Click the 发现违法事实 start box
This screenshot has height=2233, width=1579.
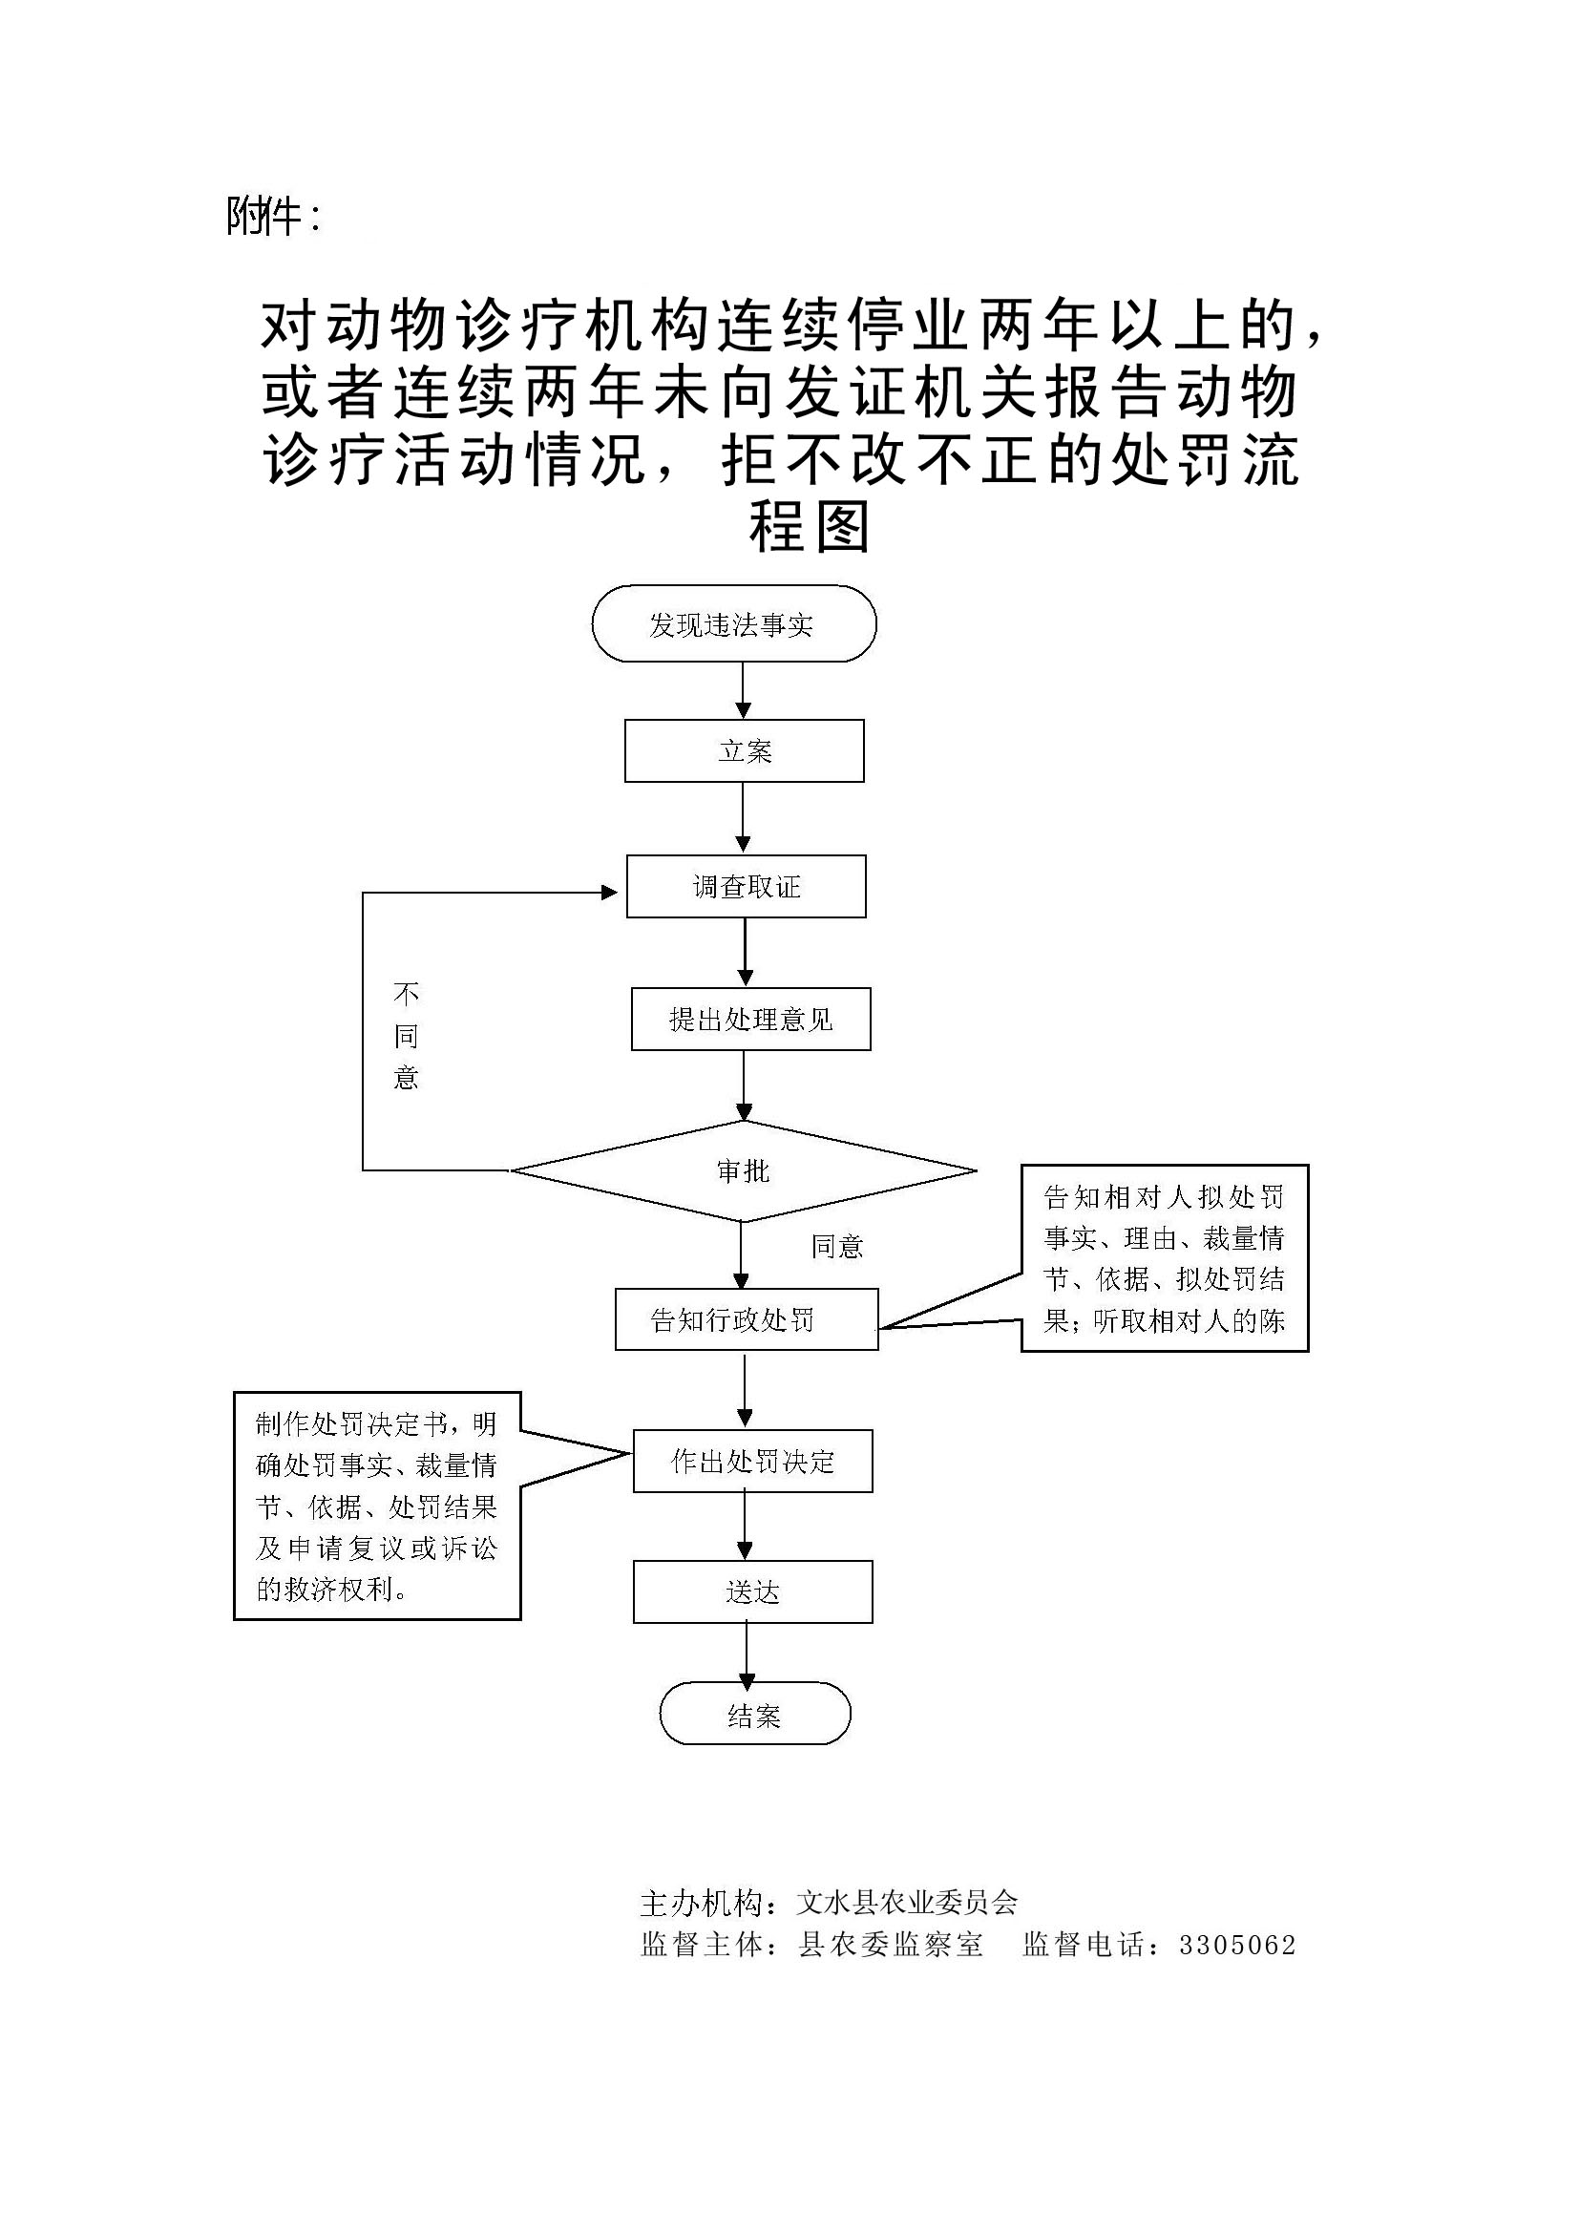point(733,624)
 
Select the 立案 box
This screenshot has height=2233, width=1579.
point(744,750)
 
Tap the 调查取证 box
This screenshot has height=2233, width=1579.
point(746,886)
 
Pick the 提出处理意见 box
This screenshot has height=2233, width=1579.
point(750,1020)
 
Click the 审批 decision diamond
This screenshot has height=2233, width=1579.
point(743,1171)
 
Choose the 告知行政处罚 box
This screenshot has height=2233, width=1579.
point(746,1319)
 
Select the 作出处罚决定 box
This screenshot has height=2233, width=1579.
point(752,1461)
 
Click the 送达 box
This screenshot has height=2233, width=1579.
point(752,1592)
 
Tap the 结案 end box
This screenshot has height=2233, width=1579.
point(754,1714)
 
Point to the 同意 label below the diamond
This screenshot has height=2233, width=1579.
point(837,1246)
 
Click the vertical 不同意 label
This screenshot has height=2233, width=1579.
point(406,1036)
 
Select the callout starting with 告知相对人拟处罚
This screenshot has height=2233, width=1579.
point(1164,1257)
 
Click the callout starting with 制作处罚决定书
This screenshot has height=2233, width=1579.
point(377,1506)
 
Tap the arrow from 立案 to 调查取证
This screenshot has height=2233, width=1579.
point(743,817)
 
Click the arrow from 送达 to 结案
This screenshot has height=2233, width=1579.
point(747,1653)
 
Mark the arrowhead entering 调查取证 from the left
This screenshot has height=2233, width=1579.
point(611,893)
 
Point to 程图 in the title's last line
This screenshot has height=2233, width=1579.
point(809,528)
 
